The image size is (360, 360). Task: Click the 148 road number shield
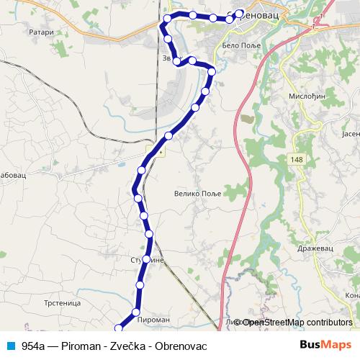click(297, 158)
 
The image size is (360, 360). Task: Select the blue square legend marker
click(10, 346)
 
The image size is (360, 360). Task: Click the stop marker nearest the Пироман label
click(135, 312)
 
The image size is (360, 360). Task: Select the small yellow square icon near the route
click(160, 152)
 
